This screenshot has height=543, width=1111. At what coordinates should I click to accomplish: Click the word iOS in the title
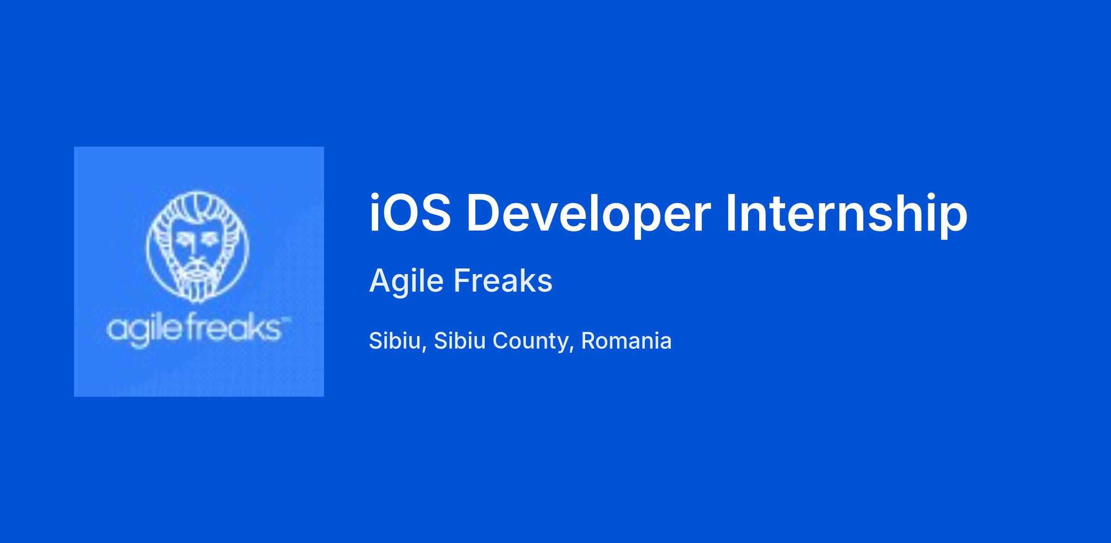coord(410,213)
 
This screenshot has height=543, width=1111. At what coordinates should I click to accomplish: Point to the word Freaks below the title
coord(503,281)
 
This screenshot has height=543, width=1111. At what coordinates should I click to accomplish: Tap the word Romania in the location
coord(626,341)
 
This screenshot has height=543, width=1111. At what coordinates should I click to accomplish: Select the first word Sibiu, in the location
coord(398,342)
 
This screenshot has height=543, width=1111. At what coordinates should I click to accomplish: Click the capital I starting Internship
coord(730,213)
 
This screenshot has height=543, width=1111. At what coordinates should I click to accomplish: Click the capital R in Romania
coord(589,341)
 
